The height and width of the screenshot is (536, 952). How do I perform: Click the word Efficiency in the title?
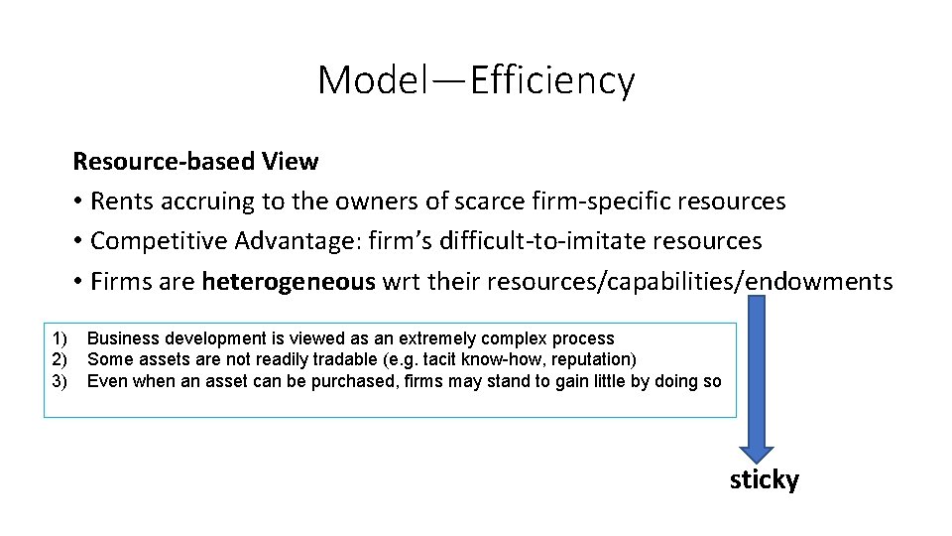552,80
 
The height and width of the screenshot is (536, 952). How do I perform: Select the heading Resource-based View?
195,161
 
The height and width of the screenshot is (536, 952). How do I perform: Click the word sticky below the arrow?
764,480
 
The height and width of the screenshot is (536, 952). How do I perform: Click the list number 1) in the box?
59,338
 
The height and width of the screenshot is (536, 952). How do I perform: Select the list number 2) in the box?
59,359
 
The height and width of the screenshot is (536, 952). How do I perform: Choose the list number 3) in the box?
59,381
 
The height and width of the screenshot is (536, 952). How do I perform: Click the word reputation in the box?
589,359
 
